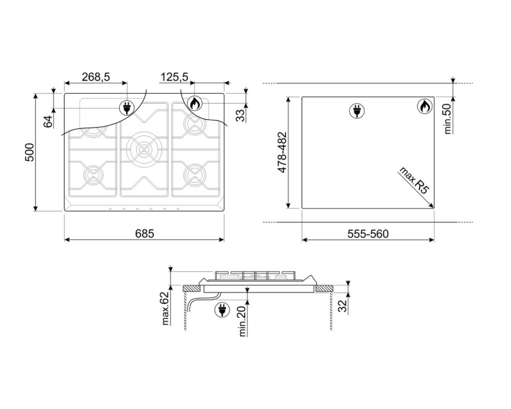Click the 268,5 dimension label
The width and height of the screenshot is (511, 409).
click(96, 77)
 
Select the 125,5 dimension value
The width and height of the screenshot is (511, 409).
click(174, 77)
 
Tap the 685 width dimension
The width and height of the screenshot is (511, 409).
click(145, 234)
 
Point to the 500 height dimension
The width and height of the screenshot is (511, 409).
click(29, 152)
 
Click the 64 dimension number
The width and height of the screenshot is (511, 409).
click(48, 121)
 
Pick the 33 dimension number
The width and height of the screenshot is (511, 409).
click(240, 116)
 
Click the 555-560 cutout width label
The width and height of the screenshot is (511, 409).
click(368, 234)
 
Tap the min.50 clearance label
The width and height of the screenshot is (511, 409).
click(448, 119)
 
